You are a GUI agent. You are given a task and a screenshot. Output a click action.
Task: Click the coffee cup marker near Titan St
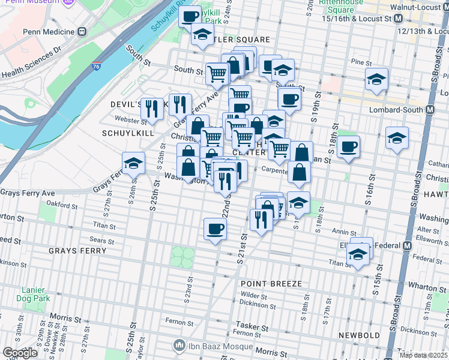(x=215, y=229)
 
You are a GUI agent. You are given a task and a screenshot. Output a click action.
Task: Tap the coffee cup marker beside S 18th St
(x=348, y=146)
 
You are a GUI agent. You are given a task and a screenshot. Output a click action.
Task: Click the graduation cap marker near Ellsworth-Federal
(x=359, y=254)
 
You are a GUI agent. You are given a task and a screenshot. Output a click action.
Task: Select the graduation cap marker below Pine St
(x=376, y=79)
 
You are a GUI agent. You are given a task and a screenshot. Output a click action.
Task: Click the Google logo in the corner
(x=20, y=352)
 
